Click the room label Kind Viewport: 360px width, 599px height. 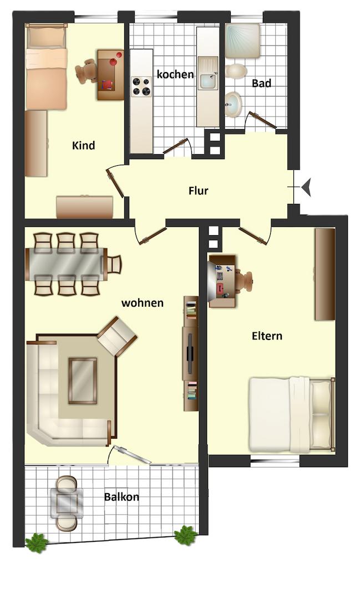click(83, 145)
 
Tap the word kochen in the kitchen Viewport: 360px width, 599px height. click(175, 74)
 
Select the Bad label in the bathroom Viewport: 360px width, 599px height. click(261, 83)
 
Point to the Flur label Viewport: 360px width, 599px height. click(199, 191)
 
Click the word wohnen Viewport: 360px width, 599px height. click(143, 303)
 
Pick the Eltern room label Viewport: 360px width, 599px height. click(267, 336)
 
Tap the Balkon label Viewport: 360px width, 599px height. click(121, 497)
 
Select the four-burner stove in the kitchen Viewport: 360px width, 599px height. click(141, 87)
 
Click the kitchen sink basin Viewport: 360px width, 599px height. click(207, 80)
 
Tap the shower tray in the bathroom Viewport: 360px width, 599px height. click(242, 41)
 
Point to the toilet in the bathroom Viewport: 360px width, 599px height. click(235, 71)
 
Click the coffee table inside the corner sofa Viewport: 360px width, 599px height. click(83, 380)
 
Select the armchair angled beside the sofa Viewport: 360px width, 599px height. click(117, 336)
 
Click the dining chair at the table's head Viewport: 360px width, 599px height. click(114, 265)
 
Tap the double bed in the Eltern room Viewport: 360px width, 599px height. click(292, 414)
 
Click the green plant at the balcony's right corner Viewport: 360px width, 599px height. click(186, 535)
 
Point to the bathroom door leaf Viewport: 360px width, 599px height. click(262, 120)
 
